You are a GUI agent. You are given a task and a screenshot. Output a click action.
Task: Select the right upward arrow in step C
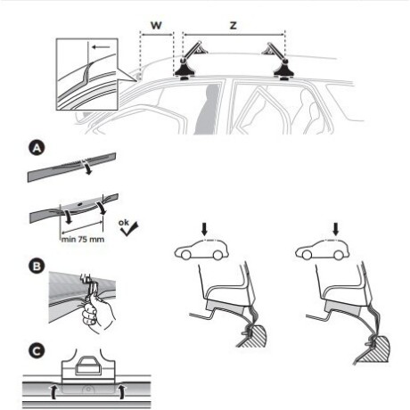[x=119, y=391]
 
